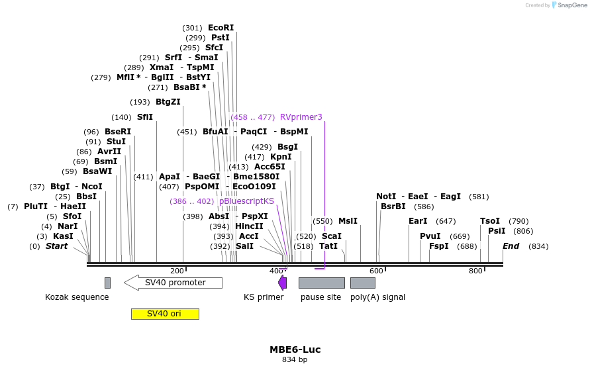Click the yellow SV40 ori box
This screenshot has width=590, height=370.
coord(165,314)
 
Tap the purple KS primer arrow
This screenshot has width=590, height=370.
coord(283,283)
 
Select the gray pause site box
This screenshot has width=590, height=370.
coord(321,283)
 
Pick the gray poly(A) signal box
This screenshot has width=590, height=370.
coord(363,283)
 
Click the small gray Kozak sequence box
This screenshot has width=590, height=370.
coord(107,283)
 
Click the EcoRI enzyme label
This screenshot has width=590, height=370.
coord(221,28)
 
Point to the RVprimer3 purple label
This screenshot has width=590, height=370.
coord(301,117)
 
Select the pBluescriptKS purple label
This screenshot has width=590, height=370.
coord(246,201)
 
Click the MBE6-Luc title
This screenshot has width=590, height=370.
coord(295,349)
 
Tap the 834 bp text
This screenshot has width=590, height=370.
coord(295,360)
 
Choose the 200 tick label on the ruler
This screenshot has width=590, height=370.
coord(177,271)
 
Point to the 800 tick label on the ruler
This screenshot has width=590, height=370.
coord(475,271)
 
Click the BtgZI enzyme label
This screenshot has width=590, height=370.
coord(168,102)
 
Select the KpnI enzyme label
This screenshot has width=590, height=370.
coord(281,157)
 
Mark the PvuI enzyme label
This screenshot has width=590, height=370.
coord(430,236)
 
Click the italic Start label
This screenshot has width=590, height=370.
coord(56,246)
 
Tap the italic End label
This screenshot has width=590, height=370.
coord(511,246)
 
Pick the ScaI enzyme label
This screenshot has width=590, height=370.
coord(332,236)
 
